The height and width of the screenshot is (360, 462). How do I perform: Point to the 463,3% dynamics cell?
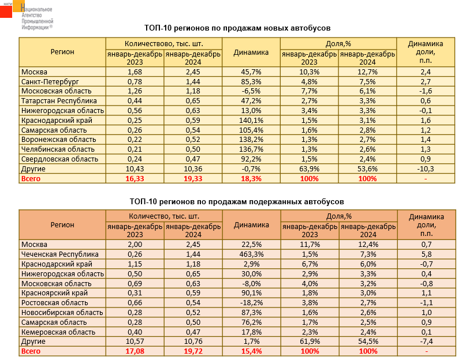pyautogui.click(x=251, y=254)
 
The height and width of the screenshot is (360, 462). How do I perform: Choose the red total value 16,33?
pyautogui.click(x=134, y=179)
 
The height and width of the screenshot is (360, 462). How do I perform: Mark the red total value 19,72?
pyautogui.click(x=192, y=351)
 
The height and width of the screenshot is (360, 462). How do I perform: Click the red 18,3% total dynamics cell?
pyautogui.click(x=251, y=179)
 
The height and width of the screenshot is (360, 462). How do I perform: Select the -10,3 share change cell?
pyautogui.click(x=426, y=169)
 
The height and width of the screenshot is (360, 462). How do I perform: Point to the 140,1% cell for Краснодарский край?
pyautogui.click(x=251, y=121)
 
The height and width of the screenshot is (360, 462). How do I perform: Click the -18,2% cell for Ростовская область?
pyautogui.click(x=251, y=302)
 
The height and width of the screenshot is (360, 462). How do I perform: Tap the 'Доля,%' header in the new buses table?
pyautogui.click(x=338, y=43)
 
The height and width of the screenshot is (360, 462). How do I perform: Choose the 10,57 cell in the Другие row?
pyautogui.click(x=134, y=341)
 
